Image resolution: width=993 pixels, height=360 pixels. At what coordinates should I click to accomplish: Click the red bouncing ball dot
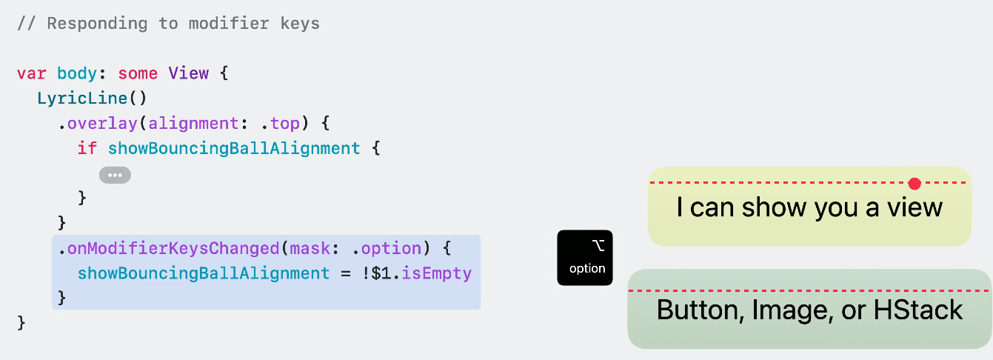point(915,183)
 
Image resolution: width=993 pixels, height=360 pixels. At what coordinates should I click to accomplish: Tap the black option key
point(585,257)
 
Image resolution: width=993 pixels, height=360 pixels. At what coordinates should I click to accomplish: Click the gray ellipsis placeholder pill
point(115,175)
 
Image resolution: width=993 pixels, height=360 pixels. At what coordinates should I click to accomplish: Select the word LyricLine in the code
point(82,99)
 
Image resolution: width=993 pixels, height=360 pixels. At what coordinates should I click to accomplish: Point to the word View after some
point(188,73)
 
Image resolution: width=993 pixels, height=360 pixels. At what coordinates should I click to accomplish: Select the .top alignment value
point(285,124)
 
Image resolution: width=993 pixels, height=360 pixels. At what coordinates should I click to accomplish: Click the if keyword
point(87,148)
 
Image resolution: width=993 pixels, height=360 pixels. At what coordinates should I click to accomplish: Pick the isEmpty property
point(437,273)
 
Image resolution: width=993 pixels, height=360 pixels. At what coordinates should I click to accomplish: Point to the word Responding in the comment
point(97,23)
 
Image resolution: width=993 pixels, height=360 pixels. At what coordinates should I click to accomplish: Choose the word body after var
point(77,73)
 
